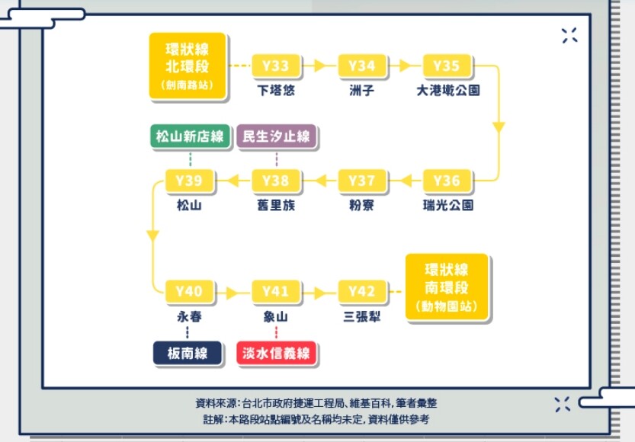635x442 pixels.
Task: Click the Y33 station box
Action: click(275, 66)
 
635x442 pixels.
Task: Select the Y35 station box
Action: click(447, 66)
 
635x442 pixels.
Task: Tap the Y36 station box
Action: click(447, 181)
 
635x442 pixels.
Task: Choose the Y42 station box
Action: click(361, 291)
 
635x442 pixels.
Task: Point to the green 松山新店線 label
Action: click(190, 137)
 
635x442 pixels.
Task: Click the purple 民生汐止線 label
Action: click(276, 137)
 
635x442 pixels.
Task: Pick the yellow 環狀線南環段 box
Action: click(446, 287)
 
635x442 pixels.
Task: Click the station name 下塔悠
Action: click(275, 90)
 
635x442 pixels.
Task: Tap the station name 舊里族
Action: click(275, 205)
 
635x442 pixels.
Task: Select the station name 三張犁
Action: click(361, 316)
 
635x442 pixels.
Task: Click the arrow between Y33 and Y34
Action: click(319, 66)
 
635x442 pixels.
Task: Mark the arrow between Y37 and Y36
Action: click(406, 181)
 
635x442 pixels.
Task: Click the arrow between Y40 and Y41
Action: click(232, 292)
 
